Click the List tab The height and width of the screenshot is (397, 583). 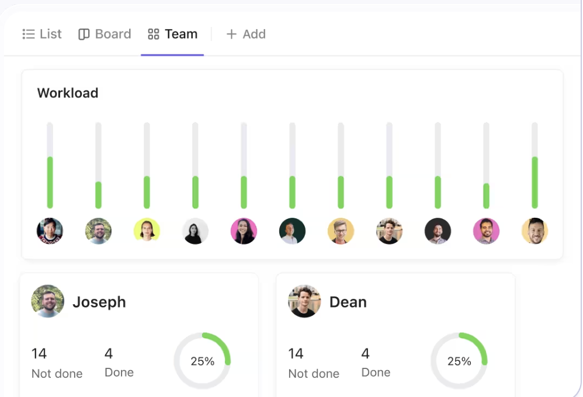click(42, 34)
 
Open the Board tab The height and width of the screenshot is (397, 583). click(105, 34)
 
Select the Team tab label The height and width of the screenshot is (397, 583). click(181, 34)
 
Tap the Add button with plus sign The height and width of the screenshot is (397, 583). click(246, 34)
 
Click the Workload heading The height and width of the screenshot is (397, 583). click(68, 93)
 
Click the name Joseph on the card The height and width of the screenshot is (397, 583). click(99, 302)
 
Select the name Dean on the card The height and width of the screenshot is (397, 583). click(348, 302)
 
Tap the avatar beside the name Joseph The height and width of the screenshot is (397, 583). click(48, 301)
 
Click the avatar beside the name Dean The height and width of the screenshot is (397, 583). click(304, 301)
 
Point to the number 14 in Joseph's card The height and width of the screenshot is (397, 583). click(39, 354)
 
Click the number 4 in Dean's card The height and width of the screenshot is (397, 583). click(365, 354)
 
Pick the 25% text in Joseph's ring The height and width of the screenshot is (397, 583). click(202, 361)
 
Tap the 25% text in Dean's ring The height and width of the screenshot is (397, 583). click(459, 361)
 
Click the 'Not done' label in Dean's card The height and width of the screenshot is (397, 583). click(314, 374)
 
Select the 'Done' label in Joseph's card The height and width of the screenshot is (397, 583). click(119, 372)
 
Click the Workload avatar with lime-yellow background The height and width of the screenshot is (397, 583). click(147, 231)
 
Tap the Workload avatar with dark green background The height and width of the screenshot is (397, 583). click(292, 231)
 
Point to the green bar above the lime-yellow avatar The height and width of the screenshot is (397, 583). click(147, 192)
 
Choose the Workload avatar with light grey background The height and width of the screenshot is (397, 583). click(195, 231)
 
